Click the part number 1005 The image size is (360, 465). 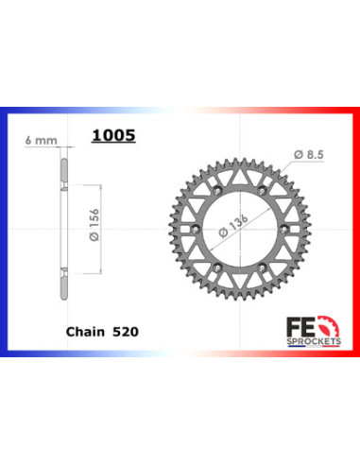click(x=113, y=135)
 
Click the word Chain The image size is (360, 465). click(x=84, y=334)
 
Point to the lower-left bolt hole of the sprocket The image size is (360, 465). click(x=204, y=268)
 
